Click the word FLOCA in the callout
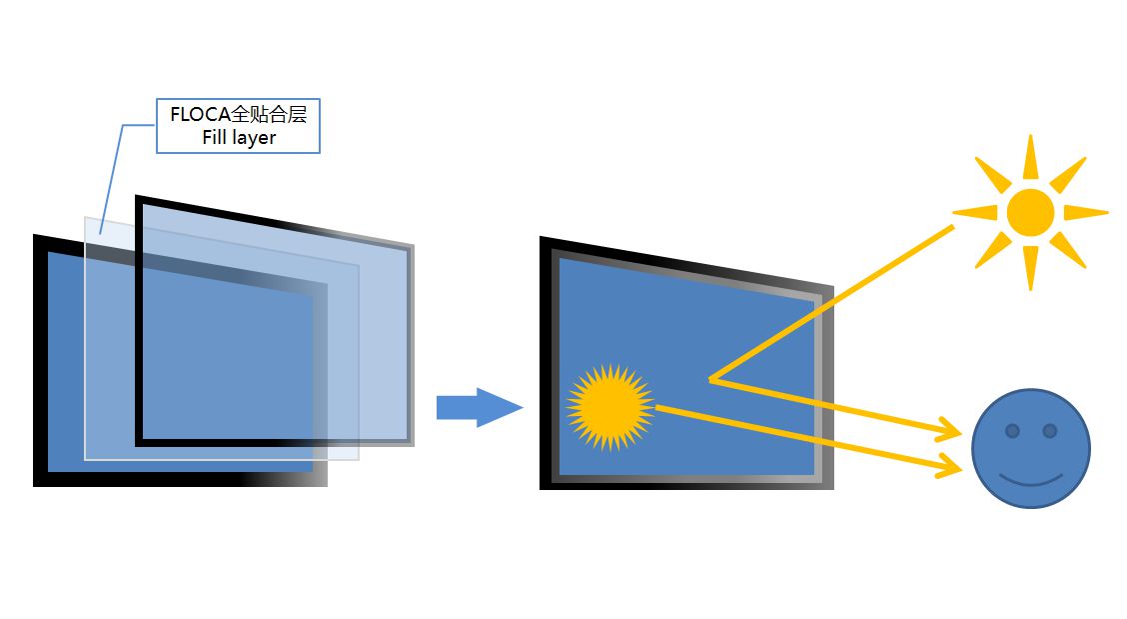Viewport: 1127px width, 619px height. [x=200, y=114]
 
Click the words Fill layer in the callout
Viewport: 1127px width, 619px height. [x=239, y=137]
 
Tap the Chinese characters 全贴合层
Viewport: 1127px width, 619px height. [x=269, y=114]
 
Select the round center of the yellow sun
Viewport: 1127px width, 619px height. [x=1030, y=212]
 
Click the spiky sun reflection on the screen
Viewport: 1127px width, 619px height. [x=610, y=407]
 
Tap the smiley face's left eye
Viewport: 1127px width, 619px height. [x=1012, y=431]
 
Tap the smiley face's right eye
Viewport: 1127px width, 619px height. [x=1049, y=431]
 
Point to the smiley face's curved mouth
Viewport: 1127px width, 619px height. [x=1031, y=480]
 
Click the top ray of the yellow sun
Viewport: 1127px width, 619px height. [x=1030, y=157]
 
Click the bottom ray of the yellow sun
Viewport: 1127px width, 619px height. [x=1030, y=268]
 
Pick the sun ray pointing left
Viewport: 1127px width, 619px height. [x=974, y=212]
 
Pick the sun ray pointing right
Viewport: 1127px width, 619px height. [x=1086, y=212]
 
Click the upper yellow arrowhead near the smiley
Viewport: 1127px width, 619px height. [x=949, y=429]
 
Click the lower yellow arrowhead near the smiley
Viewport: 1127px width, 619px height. [x=949, y=466]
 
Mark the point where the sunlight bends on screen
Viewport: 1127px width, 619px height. [x=710, y=379]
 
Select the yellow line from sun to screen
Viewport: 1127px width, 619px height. [x=831, y=303]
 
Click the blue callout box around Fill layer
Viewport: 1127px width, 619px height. [x=238, y=126]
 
